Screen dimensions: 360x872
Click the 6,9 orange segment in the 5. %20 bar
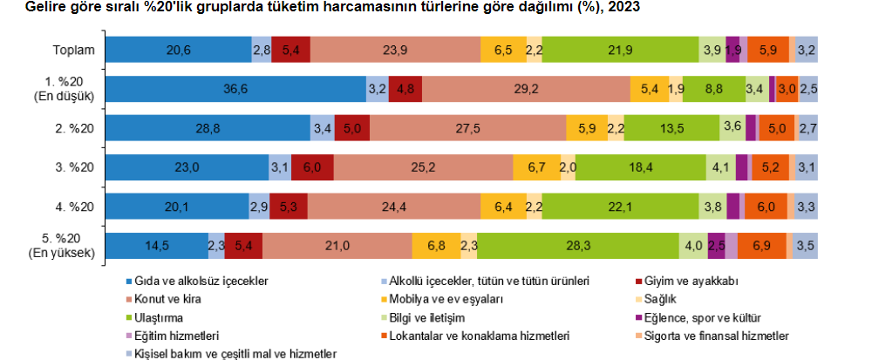pyautogui.click(x=761, y=246)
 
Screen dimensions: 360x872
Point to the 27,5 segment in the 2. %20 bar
pyautogui.click(x=467, y=127)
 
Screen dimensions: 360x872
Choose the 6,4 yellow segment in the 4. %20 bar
pyautogui.click(x=504, y=206)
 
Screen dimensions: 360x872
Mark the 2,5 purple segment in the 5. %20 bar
pyautogui.click(x=717, y=246)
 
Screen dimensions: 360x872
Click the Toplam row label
pyautogui.click(x=74, y=51)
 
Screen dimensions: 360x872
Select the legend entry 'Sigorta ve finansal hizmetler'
pyautogui.click(x=717, y=336)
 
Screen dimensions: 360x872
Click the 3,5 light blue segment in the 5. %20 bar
pyautogui.click(x=807, y=246)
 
